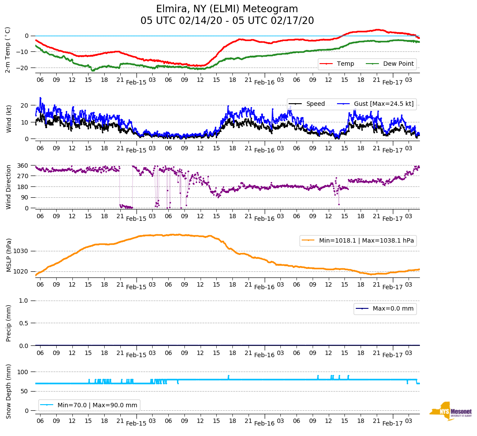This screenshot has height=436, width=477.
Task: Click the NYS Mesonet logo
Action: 451,411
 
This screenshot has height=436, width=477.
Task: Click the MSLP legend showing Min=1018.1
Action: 358,240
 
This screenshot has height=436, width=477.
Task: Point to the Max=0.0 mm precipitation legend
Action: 385,309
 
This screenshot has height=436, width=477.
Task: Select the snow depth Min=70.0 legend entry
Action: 89,405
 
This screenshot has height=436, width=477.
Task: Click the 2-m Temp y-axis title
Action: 8,50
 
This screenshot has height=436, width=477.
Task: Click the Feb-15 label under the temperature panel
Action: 136,82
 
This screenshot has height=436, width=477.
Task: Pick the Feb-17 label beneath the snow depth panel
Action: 392,423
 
